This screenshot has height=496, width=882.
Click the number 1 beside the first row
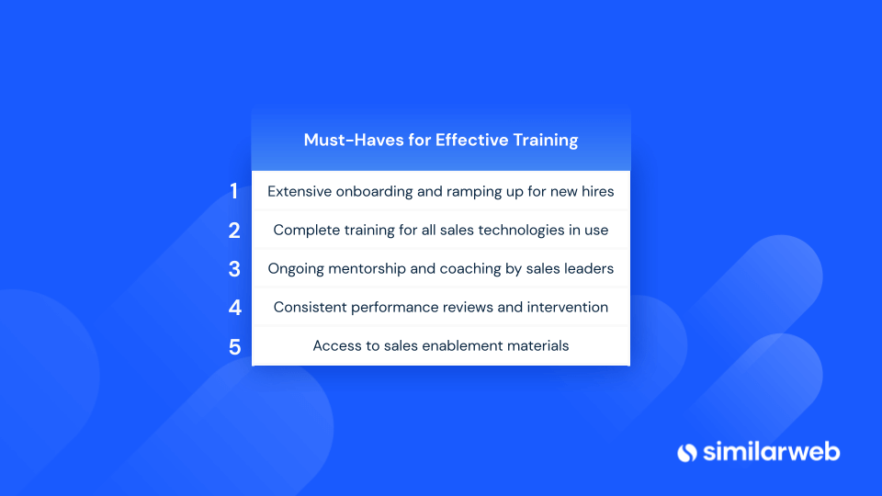234,191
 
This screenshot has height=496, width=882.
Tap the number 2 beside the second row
234,231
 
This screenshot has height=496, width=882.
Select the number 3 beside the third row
234,269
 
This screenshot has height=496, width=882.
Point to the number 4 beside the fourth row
234,308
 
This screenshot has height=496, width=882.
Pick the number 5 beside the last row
234,347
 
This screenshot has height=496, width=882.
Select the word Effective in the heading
471,140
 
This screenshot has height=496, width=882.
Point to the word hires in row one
597,191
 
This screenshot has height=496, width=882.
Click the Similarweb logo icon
687,453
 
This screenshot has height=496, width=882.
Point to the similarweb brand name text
771,452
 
